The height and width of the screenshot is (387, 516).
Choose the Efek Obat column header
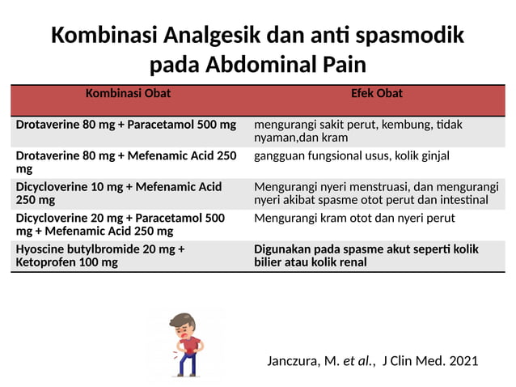[x=377, y=94]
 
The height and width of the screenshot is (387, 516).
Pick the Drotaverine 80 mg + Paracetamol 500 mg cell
[x=125, y=125]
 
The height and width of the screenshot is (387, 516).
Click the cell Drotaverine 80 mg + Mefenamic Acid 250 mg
[x=125, y=162]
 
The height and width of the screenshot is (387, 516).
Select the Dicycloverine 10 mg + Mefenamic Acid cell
[x=118, y=193]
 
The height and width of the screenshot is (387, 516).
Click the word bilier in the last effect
[x=269, y=262]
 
